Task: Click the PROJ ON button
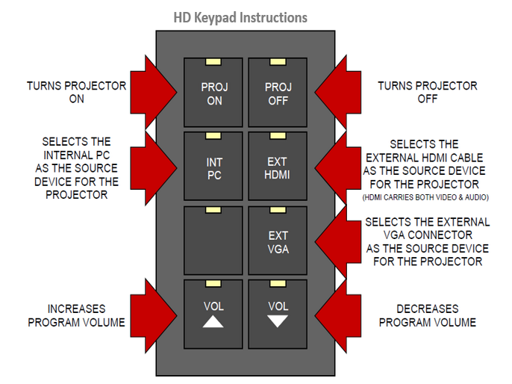point(213,93)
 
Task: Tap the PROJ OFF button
point(278,93)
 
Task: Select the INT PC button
point(213,167)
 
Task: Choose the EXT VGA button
point(278,241)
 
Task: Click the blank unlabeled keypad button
point(213,241)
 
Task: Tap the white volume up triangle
point(213,322)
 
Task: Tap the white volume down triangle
point(278,322)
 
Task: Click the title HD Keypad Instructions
point(240,16)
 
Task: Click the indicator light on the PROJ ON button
point(213,61)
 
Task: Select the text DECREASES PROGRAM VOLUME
point(427,316)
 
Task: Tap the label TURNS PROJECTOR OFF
point(427,92)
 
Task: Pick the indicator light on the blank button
point(213,210)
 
